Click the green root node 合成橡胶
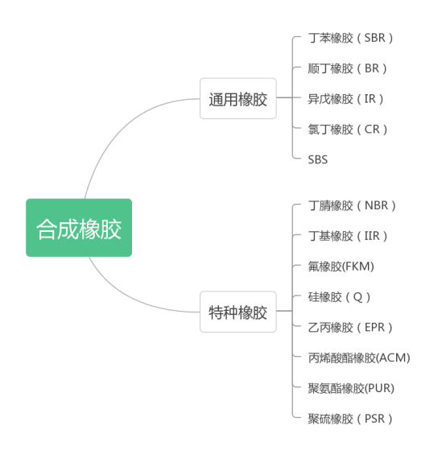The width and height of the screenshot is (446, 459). [79, 228]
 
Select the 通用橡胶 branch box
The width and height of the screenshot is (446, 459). [237, 99]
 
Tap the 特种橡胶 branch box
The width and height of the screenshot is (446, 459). [237, 312]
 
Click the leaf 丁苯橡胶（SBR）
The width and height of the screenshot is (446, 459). [351, 38]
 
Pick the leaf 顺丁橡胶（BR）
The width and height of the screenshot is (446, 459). [347, 68]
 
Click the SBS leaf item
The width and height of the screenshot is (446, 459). [318, 159]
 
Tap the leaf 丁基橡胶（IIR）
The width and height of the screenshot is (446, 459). [348, 236]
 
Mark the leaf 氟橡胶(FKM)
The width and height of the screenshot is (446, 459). [341, 267]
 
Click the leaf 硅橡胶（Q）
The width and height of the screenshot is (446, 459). [339, 296]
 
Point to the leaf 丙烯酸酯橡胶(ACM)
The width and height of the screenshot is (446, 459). [359, 358]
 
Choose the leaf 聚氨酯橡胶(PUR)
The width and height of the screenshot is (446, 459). [351, 388]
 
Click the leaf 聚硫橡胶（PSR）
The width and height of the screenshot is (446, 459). [351, 419]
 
